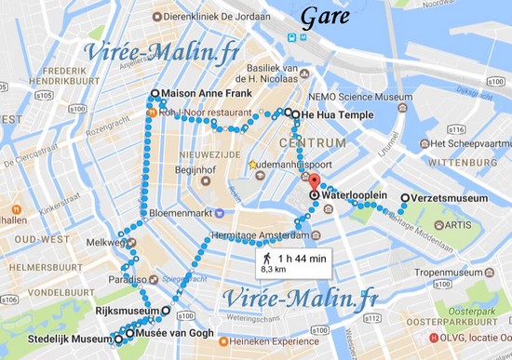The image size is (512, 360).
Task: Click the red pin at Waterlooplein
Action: point(314,181)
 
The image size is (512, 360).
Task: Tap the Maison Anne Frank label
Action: point(204,94)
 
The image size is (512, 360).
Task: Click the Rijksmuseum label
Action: point(127,311)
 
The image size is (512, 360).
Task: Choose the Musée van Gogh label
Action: point(175,333)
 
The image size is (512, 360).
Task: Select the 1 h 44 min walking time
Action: point(301,256)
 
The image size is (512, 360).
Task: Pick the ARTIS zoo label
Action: point(456,225)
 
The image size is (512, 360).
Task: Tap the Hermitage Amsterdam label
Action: point(259,235)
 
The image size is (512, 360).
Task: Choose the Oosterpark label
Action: point(470,312)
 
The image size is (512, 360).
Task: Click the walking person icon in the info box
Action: point(267,255)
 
